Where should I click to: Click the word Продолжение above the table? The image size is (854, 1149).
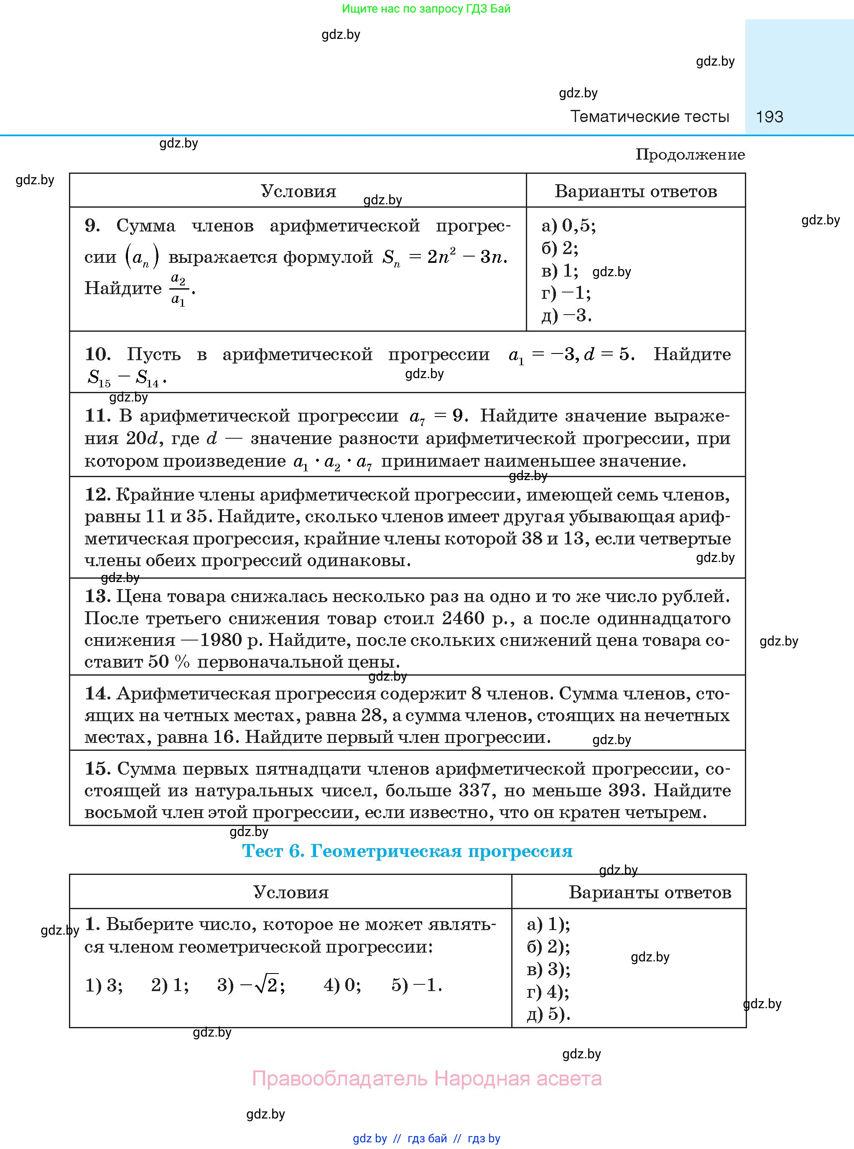pyautogui.click(x=690, y=155)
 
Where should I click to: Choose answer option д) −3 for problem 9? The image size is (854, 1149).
pyautogui.click(x=566, y=315)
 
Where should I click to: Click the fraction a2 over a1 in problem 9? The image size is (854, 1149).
pyautogui.click(x=178, y=289)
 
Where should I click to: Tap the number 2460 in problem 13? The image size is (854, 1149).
pyautogui.click(x=463, y=618)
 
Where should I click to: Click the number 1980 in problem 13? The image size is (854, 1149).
pyautogui.click(x=221, y=640)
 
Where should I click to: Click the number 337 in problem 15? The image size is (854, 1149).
pyautogui.click(x=474, y=791)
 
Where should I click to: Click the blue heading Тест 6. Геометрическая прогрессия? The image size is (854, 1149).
pyautogui.click(x=408, y=851)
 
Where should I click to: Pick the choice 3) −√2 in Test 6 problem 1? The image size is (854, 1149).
pyautogui.click(x=251, y=985)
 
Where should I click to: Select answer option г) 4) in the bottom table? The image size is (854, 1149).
pyautogui.click(x=548, y=991)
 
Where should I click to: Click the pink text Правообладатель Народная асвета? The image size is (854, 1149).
pyautogui.click(x=426, y=1079)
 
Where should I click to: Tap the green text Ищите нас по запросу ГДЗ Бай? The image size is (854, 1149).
pyautogui.click(x=426, y=9)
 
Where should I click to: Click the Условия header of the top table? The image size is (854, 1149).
pyautogui.click(x=298, y=191)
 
